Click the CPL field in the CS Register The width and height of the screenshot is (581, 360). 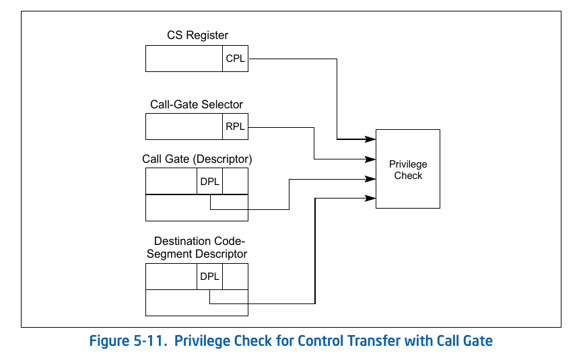[236, 59]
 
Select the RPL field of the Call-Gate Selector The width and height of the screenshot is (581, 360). [236, 127]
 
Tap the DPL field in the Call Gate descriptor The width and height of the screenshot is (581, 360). [210, 181]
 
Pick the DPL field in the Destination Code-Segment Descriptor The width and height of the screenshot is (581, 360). [210, 276]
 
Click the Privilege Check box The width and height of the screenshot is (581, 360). [408, 170]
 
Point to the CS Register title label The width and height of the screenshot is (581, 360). [197, 35]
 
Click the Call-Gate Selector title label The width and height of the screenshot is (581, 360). [197, 104]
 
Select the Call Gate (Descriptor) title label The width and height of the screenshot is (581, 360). [197, 159]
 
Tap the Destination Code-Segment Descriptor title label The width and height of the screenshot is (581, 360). [201, 248]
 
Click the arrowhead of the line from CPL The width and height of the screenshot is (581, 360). [371, 139]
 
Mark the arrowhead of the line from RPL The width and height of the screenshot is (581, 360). [371, 159]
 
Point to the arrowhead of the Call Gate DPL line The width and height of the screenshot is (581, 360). [371, 179]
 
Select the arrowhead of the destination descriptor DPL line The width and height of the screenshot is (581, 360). [371, 198]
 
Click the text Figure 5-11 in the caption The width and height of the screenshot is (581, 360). [128, 341]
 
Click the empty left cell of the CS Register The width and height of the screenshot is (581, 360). [184, 59]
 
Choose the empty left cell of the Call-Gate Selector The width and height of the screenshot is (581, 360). [184, 127]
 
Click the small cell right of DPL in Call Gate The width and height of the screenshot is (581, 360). [235, 181]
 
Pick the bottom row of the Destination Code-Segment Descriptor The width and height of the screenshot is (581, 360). [197, 303]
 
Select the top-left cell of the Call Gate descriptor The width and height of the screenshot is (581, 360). [172, 181]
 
